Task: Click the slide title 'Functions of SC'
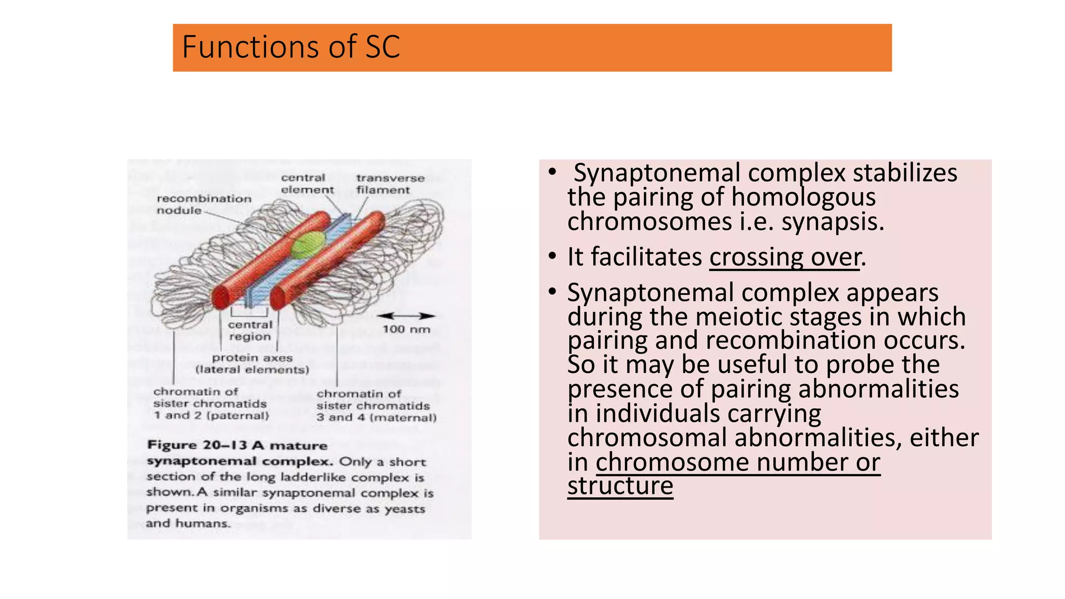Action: (291, 47)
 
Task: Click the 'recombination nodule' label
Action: (204, 204)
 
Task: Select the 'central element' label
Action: (307, 184)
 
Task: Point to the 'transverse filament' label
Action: (390, 184)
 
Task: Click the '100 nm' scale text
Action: (407, 329)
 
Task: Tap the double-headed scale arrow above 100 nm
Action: (406, 316)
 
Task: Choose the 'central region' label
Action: (250, 331)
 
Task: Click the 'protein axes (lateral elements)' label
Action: (252, 364)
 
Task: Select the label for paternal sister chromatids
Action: (211, 403)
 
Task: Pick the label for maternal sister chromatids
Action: (376, 406)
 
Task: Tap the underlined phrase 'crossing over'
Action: (785, 257)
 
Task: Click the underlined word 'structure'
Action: (620, 486)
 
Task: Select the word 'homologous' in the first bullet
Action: (803, 198)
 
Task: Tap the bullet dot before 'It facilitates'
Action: (552, 257)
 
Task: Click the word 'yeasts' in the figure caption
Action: (405, 509)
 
